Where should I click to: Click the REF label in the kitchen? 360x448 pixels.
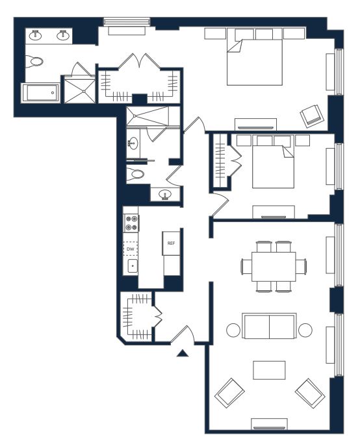pyautogui.click(x=171, y=243)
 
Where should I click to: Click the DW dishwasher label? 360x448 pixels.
pyautogui.click(x=131, y=249)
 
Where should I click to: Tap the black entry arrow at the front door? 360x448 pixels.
pyautogui.click(x=183, y=353)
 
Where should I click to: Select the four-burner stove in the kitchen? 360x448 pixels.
pyautogui.click(x=131, y=223)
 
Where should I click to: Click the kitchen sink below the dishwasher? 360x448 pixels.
pyautogui.click(x=133, y=266)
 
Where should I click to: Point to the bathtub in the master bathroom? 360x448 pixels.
pyautogui.click(x=40, y=93)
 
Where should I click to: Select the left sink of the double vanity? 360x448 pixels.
pyautogui.click(x=36, y=35)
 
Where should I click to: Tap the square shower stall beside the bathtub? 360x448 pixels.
pyautogui.click(x=79, y=90)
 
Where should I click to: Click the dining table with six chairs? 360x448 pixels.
pyautogui.click(x=274, y=267)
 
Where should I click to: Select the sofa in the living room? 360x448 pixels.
pyautogui.click(x=269, y=326)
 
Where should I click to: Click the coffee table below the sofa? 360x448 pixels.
pyautogui.click(x=269, y=370)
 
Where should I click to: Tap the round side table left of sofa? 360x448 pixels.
pyautogui.click(x=233, y=330)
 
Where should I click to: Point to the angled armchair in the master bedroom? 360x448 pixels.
pyautogui.click(x=312, y=116)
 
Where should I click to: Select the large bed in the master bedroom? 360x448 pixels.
pyautogui.click(x=255, y=62)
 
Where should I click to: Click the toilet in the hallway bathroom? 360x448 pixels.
pyautogui.click(x=135, y=174)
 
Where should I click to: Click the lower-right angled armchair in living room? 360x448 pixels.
pyautogui.click(x=310, y=393)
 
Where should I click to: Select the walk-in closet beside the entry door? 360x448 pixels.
pyautogui.click(x=136, y=316)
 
